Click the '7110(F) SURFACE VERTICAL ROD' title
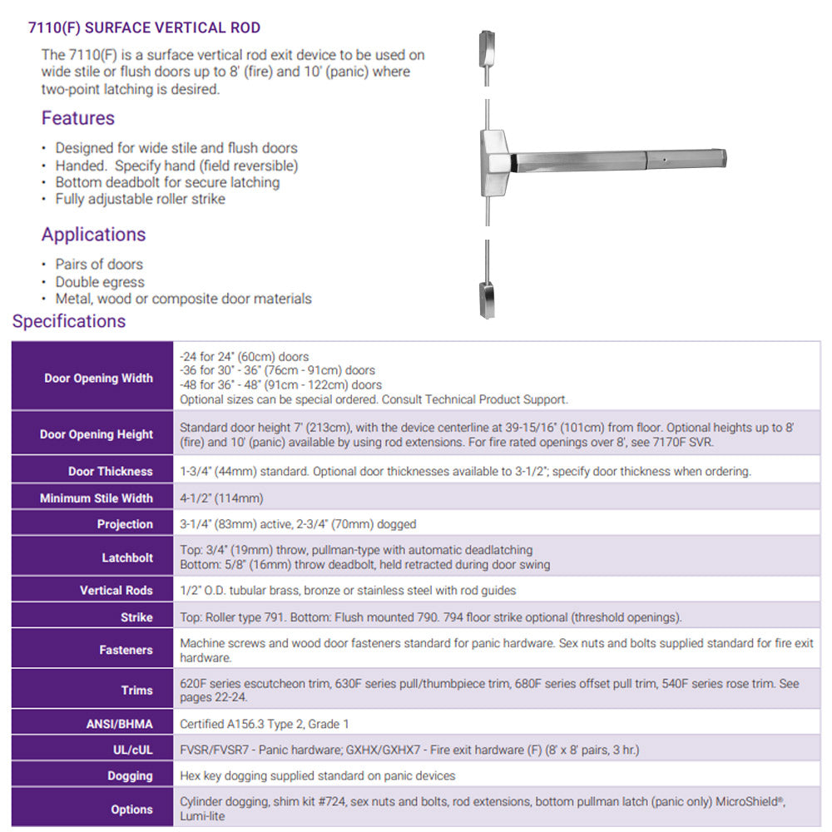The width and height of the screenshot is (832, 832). [138, 28]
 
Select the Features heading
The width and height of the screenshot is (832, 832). [78, 118]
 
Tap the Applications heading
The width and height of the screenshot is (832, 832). [93, 235]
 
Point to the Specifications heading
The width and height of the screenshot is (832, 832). [69, 321]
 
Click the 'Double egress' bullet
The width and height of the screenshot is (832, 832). [99, 282]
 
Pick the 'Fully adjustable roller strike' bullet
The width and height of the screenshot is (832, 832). [140, 199]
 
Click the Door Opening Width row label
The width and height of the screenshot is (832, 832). [98, 378]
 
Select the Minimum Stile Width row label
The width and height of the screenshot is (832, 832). [97, 498]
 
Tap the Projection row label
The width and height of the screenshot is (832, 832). [125, 524]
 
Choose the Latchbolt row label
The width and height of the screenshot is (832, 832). [127, 557]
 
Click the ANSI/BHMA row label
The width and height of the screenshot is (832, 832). [120, 724]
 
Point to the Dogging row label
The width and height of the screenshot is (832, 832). [130, 775]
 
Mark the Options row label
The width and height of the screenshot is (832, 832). [131, 809]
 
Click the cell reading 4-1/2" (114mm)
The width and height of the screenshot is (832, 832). [221, 498]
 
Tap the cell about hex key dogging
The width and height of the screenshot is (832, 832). [318, 775]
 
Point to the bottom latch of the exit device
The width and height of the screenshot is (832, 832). [488, 299]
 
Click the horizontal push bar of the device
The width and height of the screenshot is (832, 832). [616, 157]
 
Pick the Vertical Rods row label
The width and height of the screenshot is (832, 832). [116, 590]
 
